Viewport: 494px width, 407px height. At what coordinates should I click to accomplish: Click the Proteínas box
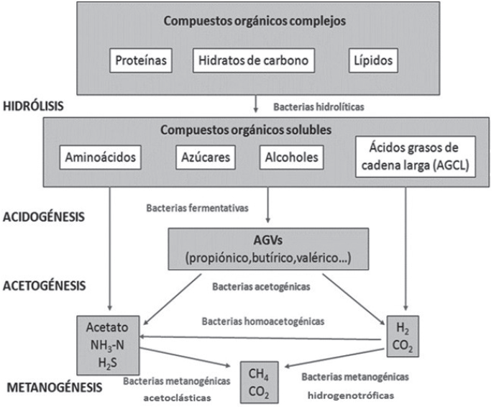142,61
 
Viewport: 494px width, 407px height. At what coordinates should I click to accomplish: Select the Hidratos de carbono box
254,61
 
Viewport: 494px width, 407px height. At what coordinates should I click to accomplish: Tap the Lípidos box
372,61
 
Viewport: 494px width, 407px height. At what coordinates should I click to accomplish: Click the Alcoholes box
290,157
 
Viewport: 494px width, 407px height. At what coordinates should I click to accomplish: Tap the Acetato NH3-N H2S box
109,334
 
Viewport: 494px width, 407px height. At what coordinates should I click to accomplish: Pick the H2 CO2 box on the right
401,336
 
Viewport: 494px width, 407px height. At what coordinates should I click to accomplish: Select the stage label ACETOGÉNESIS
45,285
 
